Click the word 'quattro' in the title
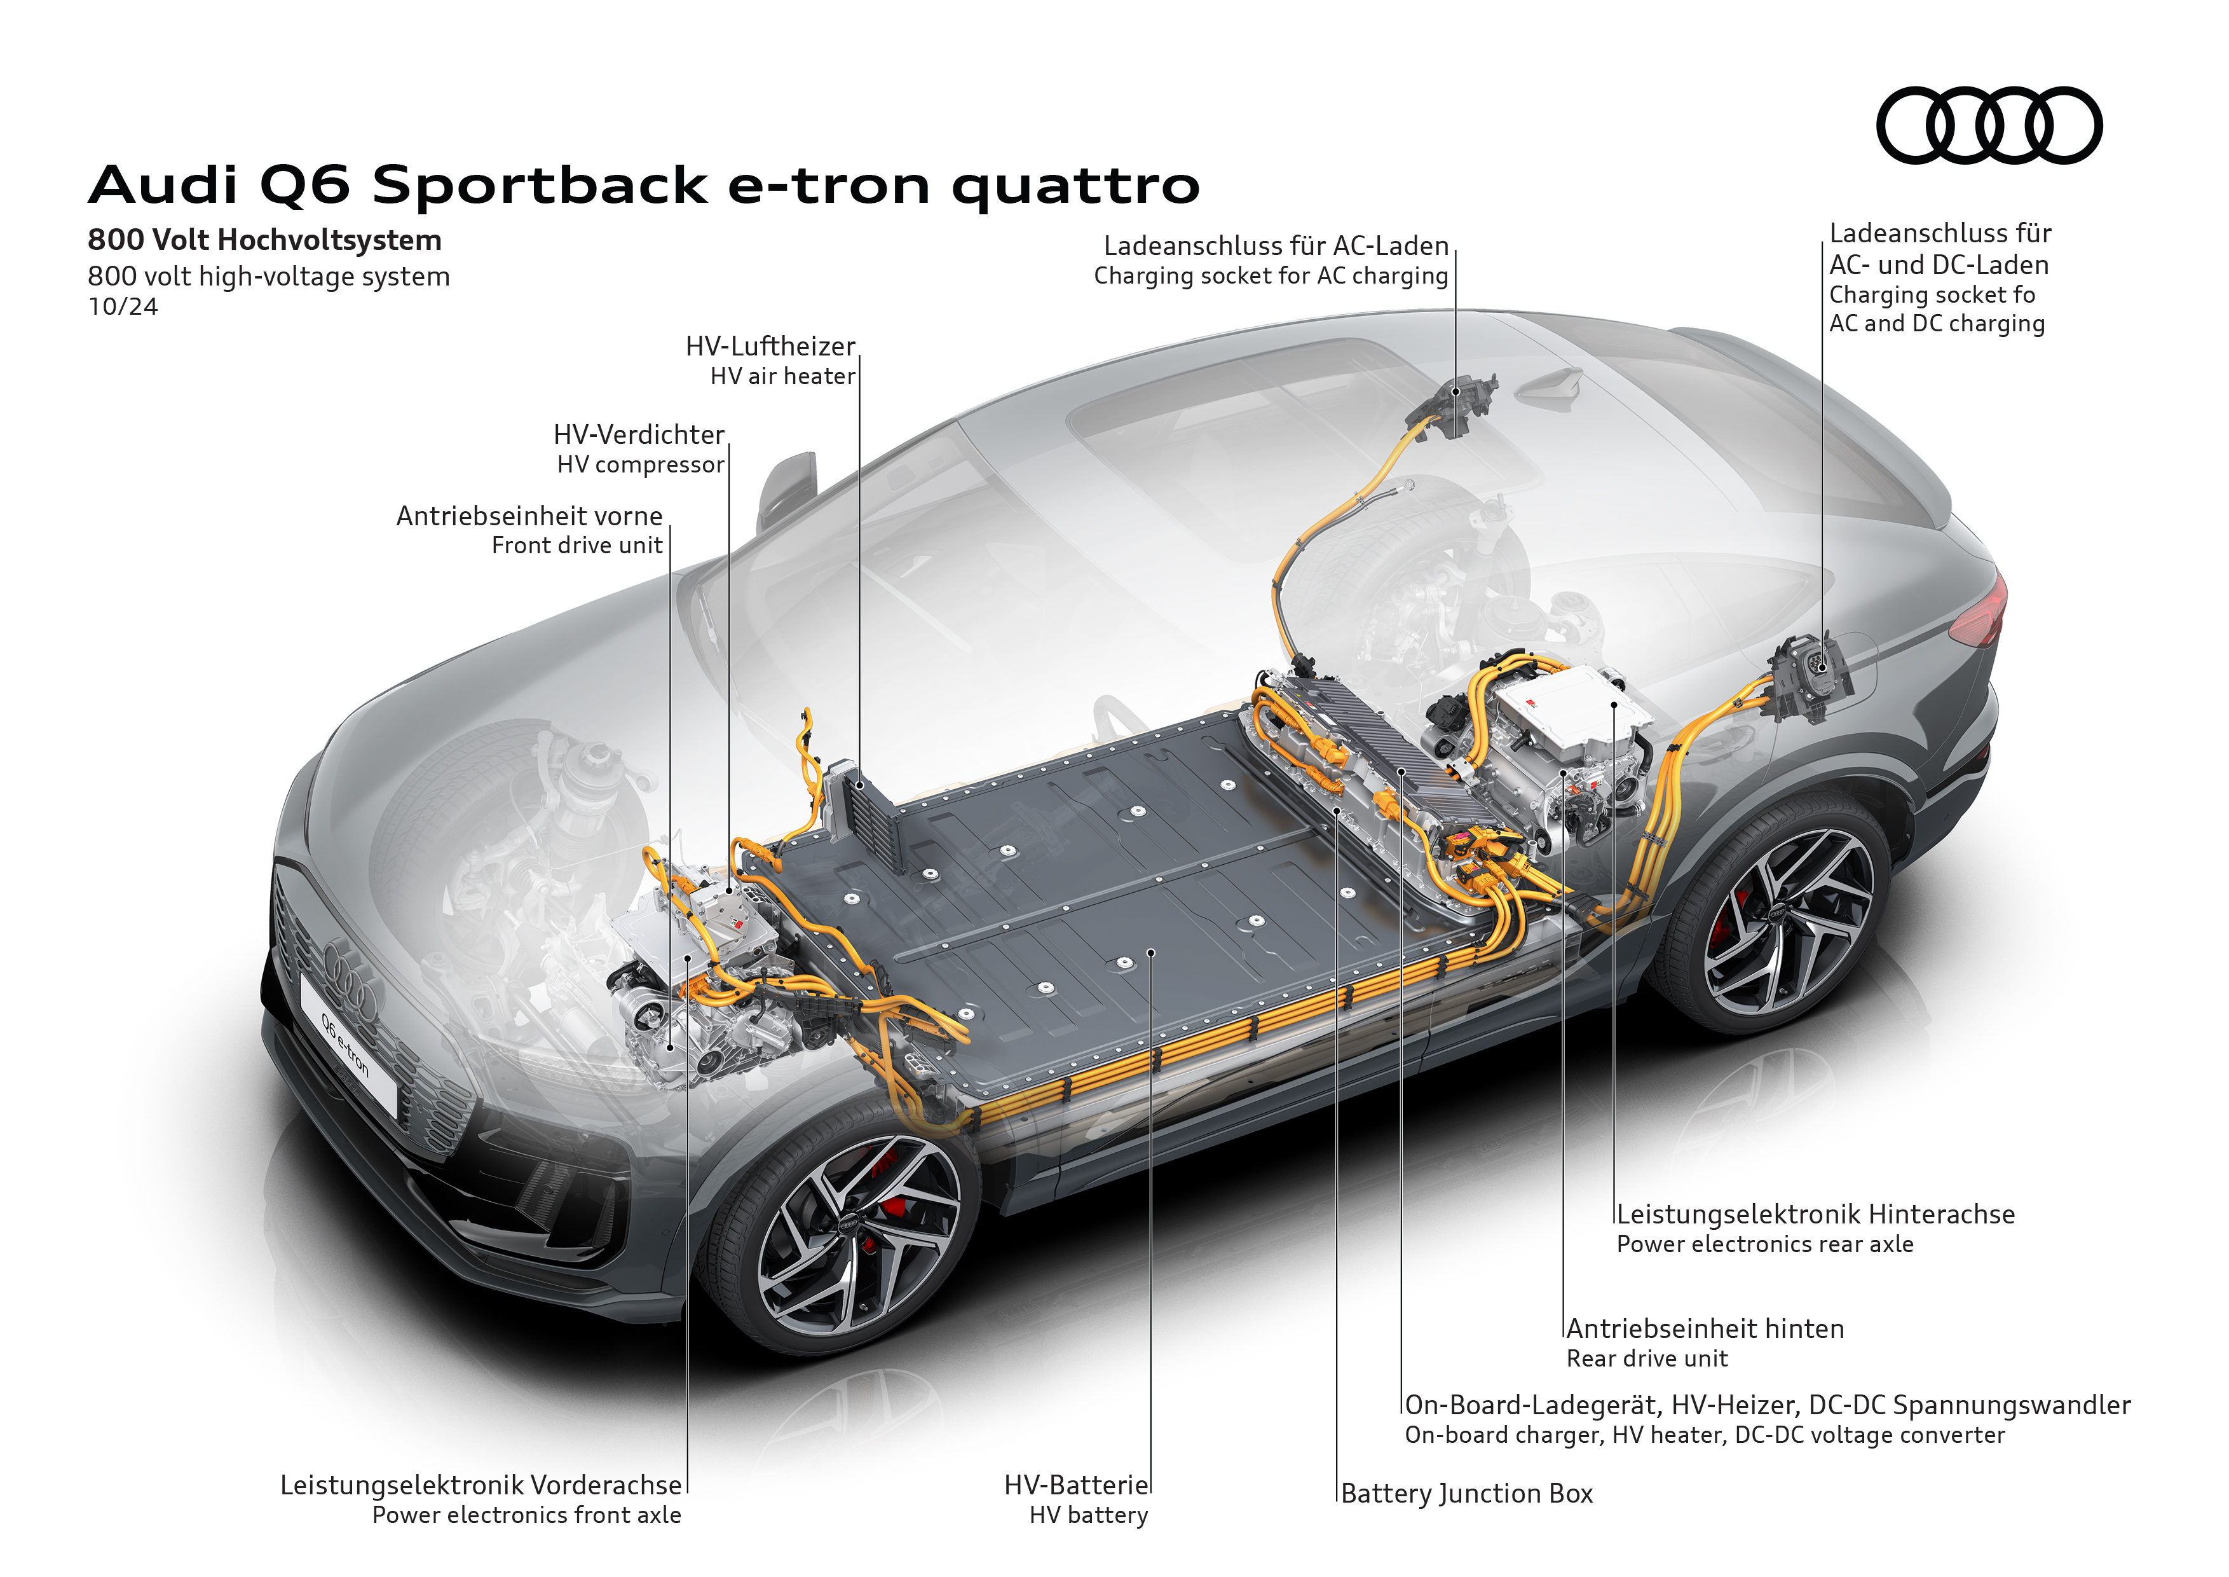[x=1075, y=184]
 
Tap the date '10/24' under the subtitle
[x=122, y=307]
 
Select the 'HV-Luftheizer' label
[x=770, y=347]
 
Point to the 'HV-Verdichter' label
[x=639, y=435]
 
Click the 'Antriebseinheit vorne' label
[x=529, y=516]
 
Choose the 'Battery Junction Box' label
[x=1466, y=1494]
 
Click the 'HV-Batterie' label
[x=1075, y=1485]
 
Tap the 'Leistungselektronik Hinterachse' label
[x=1815, y=1215]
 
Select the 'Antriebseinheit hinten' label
[x=1705, y=1330]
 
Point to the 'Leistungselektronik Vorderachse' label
[x=481, y=1485]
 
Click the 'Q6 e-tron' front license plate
[x=348, y=1044]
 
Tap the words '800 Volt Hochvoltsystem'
[x=264, y=240]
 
